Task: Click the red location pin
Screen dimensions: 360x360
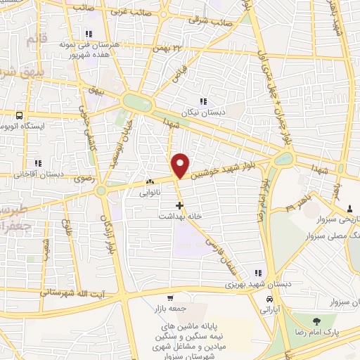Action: pyautogui.click(x=180, y=166)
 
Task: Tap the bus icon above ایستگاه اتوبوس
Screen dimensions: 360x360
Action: pyautogui.click(x=19, y=115)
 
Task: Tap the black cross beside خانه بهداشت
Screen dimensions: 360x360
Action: pyautogui.click(x=181, y=206)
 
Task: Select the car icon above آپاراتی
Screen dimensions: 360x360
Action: pyautogui.click(x=269, y=298)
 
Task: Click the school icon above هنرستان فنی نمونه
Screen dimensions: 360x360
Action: pyautogui.click(x=88, y=33)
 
